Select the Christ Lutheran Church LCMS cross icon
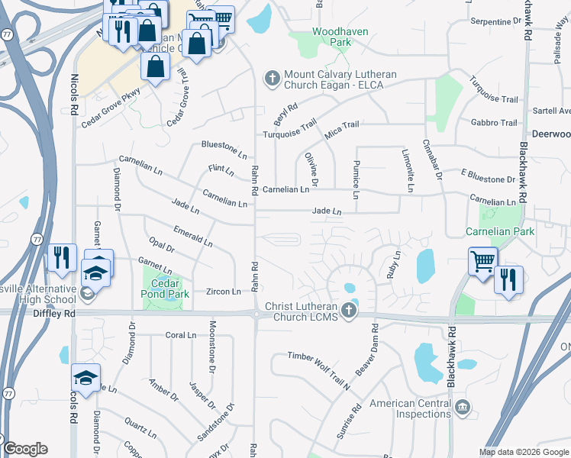tap(349, 311)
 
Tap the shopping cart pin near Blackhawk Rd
tap(483, 261)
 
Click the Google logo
tap(25, 449)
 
